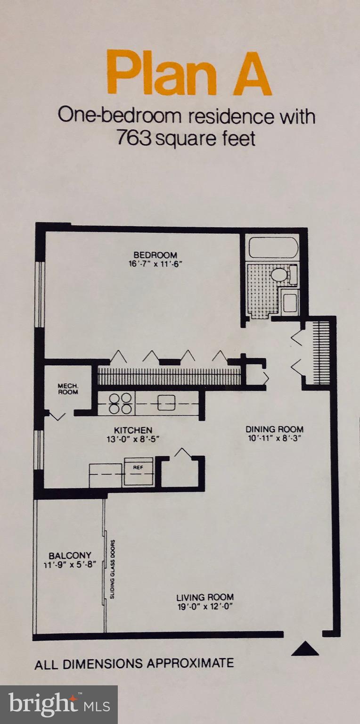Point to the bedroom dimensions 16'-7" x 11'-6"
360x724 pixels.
click(x=155, y=263)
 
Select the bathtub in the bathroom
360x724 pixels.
click(x=273, y=248)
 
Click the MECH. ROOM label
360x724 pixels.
click(x=68, y=388)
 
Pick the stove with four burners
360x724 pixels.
click(x=121, y=403)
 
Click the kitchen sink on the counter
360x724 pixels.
click(x=166, y=403)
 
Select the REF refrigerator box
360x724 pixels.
click(x=139, y=471)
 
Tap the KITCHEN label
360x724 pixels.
click(x=133, y=430)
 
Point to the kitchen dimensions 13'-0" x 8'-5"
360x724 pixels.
click(x=133, y=439)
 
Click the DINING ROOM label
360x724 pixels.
click(x=274, y=429)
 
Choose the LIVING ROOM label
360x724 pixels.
click(x=205, y=597)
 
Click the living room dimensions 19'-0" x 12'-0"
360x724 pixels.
click(x=205, y=606)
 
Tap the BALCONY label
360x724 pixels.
click(x=70, y=555)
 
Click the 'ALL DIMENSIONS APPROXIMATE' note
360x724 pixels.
click(x=134, y=663)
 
